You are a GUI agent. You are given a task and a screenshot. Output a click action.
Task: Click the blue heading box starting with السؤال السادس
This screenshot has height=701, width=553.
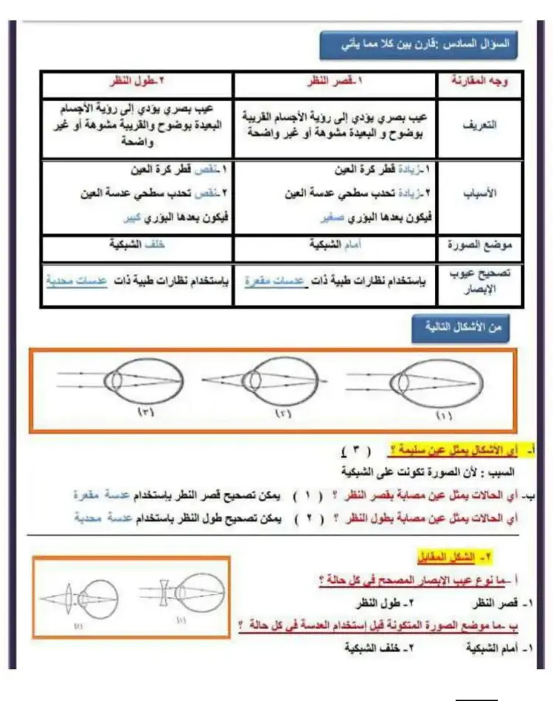[x=418, y=46]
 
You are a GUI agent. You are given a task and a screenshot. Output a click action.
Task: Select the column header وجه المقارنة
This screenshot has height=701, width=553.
[x=472, y=83]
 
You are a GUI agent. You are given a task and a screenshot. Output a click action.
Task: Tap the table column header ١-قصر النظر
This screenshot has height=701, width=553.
[x=335, y=83]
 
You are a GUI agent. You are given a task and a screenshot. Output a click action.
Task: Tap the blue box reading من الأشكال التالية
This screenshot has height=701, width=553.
[x=459, y=327]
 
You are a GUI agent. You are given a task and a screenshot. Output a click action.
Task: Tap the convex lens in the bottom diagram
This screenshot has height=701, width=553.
[x=65, y=596]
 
